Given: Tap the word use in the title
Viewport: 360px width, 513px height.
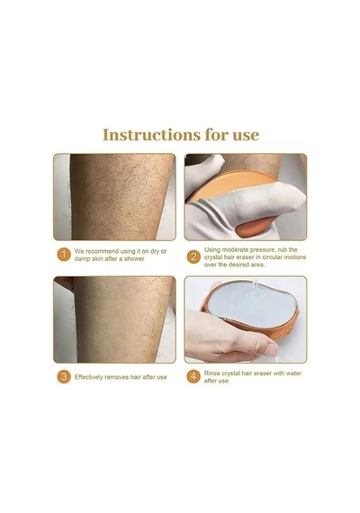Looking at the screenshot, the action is click(246, 136).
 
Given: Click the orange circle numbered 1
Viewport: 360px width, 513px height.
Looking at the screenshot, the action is click(64, 255).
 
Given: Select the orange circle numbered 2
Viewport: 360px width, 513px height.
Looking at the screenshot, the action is click(193, 256).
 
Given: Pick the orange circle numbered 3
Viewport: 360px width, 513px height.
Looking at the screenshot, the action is click(64, 377).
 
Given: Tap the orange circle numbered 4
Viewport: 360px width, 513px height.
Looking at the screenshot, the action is click(193, 376).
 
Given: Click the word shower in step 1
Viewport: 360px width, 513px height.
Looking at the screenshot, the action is click(134, 259).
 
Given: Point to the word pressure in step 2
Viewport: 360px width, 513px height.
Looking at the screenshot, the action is click(259, 250).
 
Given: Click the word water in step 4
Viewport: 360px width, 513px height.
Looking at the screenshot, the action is click(293, 373).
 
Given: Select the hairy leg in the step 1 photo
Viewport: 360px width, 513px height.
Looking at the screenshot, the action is click(121, 196).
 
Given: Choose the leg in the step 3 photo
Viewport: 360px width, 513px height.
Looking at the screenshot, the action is click(122, 319).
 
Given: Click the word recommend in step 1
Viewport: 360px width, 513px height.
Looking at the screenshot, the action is click(102, 252).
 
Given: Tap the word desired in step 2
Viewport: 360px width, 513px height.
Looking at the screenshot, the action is click(238, 265).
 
